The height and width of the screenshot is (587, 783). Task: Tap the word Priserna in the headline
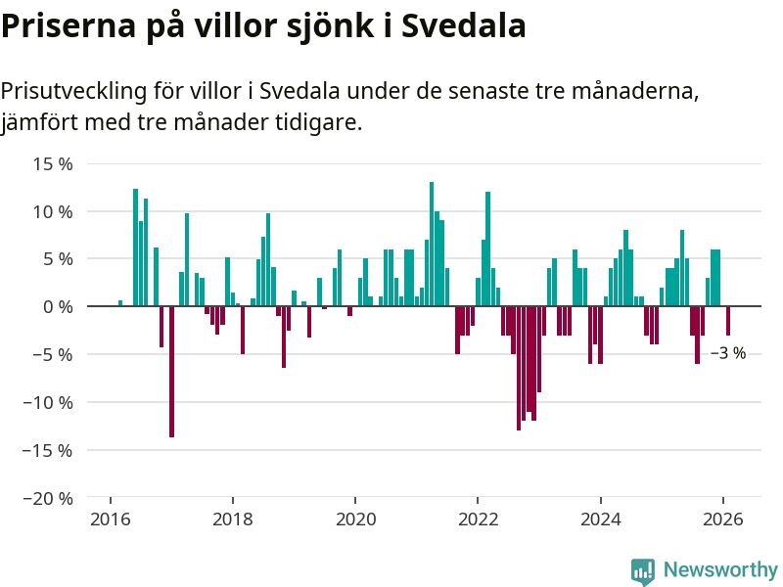pos(65,26)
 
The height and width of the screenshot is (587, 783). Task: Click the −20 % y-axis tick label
pos(48,498)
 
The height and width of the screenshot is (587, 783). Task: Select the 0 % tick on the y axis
pos(59,306)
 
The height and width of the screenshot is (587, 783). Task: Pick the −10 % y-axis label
pos(48,402)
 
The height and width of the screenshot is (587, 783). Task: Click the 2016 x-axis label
pos(111,520)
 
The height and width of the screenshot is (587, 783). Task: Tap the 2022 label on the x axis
pos(479,520)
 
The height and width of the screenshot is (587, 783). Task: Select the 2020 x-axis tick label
pos(355,520)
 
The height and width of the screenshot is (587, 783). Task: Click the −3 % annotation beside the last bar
pos(728,353)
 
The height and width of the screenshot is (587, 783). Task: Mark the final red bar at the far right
pos(728,321)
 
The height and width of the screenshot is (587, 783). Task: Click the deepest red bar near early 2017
pos(171,372)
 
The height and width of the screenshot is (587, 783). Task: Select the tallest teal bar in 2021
pos(432,245)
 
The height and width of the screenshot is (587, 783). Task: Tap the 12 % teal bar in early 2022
pos(487,248)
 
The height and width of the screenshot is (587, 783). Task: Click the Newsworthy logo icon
pos(643,570)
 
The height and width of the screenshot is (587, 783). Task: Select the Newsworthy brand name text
pos(720,570)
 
